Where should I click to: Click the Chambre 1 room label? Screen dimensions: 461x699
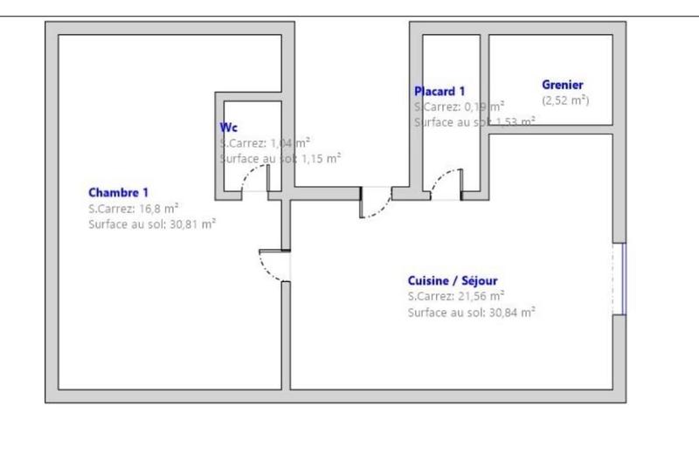point(119,192)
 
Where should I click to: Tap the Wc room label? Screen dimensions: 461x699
point(228,127)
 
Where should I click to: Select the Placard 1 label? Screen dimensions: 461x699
point(439,91)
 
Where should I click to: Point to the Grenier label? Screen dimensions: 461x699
point(562,85)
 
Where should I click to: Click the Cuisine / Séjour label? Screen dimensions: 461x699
point(453,280)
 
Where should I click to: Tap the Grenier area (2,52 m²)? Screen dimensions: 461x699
point(565,100)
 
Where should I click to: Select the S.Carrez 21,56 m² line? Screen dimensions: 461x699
point(455,296)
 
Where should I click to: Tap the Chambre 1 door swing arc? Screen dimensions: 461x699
point(273,265)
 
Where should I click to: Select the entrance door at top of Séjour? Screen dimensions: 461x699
point(377,203)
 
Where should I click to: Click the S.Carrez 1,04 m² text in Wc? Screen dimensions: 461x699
point(266,142)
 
